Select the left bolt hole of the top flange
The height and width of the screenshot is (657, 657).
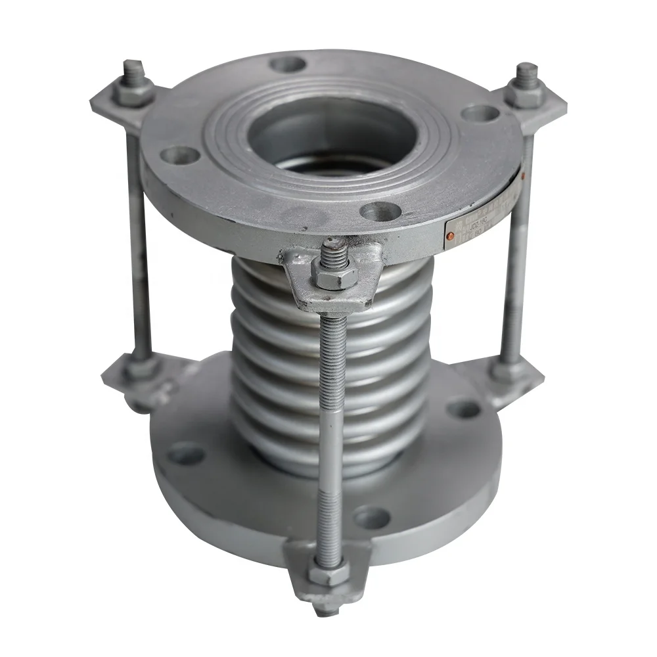click(179, 156)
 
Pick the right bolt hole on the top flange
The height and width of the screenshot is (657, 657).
click(478, 113)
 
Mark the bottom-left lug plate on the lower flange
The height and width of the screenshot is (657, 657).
click(131, 381)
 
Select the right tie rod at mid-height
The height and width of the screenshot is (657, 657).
click(516, 263)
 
